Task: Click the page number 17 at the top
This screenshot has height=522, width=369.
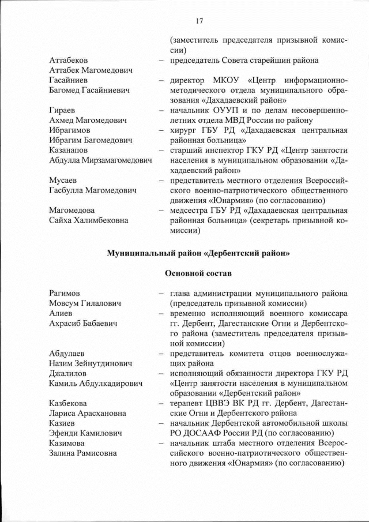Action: click(x=199, y=21)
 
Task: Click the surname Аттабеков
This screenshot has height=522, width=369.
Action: click(x=69, y=61)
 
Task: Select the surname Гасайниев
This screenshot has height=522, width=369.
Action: click(x=69, y=80)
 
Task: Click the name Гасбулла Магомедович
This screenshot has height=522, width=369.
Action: click(x=93, y=190)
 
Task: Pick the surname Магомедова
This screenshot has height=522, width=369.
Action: click(x=72, y=211)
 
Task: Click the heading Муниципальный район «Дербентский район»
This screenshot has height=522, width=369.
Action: click(x=198, y=253)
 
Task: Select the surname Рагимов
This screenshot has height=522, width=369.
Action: click(x=65, y=293)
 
